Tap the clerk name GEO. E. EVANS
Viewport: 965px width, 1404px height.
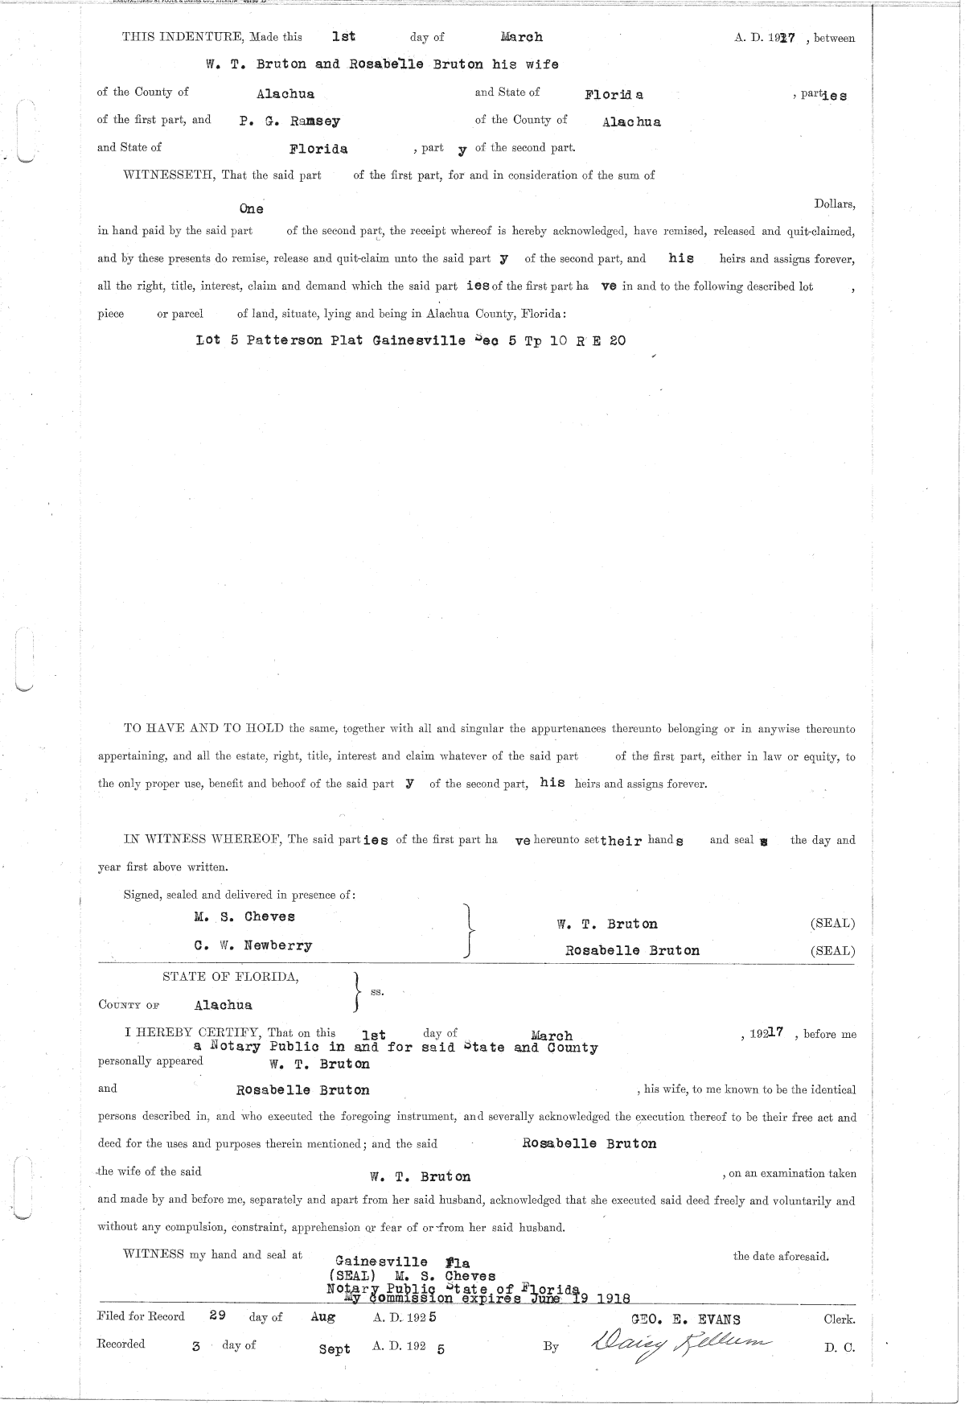[x=687, y=1319]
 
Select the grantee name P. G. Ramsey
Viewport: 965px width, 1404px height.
[x=289, y=121]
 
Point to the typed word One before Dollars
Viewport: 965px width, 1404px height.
[x=251, y=209]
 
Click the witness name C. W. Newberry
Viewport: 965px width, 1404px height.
[x=253, y=945]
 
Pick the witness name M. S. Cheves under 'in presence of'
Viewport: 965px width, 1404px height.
[x=244, y=916]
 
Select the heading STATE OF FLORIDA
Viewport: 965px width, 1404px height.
[x=231, y=977]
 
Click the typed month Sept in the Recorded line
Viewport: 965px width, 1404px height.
[x=335, y=1349]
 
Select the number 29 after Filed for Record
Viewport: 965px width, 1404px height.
[x=217, y=1316]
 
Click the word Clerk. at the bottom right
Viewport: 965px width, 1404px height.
[x=839, y=1320]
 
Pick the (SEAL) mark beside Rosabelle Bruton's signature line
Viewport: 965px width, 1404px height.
[x=832, y=950]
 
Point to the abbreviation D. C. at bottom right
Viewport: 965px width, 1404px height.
[x=839, y=1348]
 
